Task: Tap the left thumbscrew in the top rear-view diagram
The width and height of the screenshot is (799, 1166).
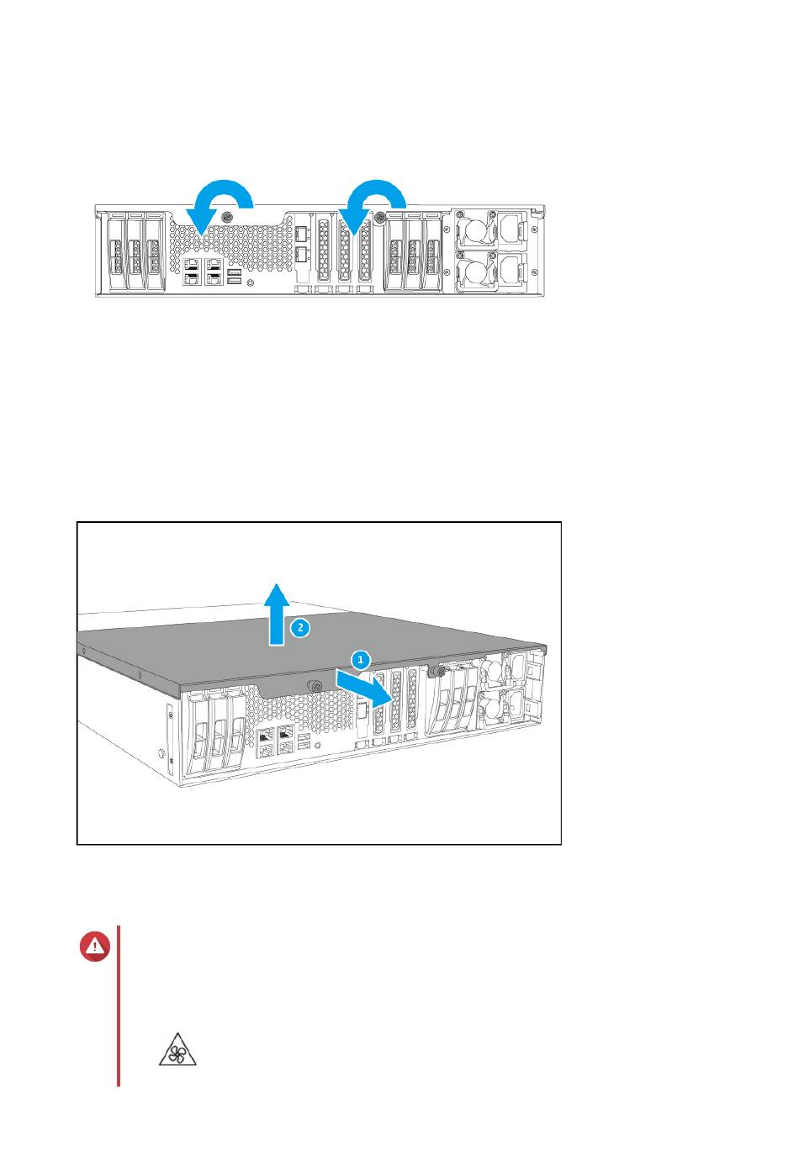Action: click(x=226, y=216)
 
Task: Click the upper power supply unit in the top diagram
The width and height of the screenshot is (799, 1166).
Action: click(x=491, y=229)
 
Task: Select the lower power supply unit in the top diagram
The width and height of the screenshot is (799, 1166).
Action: click(x=491, y=271)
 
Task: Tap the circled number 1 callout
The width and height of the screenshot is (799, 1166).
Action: click(x=361, y=660)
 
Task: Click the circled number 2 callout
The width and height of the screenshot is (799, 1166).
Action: click(x=300, y=627)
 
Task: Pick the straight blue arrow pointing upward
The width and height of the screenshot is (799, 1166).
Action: click(x=277, y=615)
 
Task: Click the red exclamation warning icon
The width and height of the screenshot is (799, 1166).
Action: click(x=95, y=946)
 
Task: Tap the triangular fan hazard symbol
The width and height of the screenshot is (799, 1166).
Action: click(x=177, y=1049)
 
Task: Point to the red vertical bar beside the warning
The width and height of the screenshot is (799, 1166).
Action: click(x=119, y=1005)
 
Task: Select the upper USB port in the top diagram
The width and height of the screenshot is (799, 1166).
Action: click(x=235, y=272)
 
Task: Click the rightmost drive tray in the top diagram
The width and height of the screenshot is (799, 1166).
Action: click(x=431, y=251)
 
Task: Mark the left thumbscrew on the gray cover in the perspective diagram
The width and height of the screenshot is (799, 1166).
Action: click(x=314, y=686)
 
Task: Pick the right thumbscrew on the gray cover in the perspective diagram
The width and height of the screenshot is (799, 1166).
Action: click(x=433, y=672)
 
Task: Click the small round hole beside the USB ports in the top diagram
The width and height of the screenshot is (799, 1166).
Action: click(x=251, y=282)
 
